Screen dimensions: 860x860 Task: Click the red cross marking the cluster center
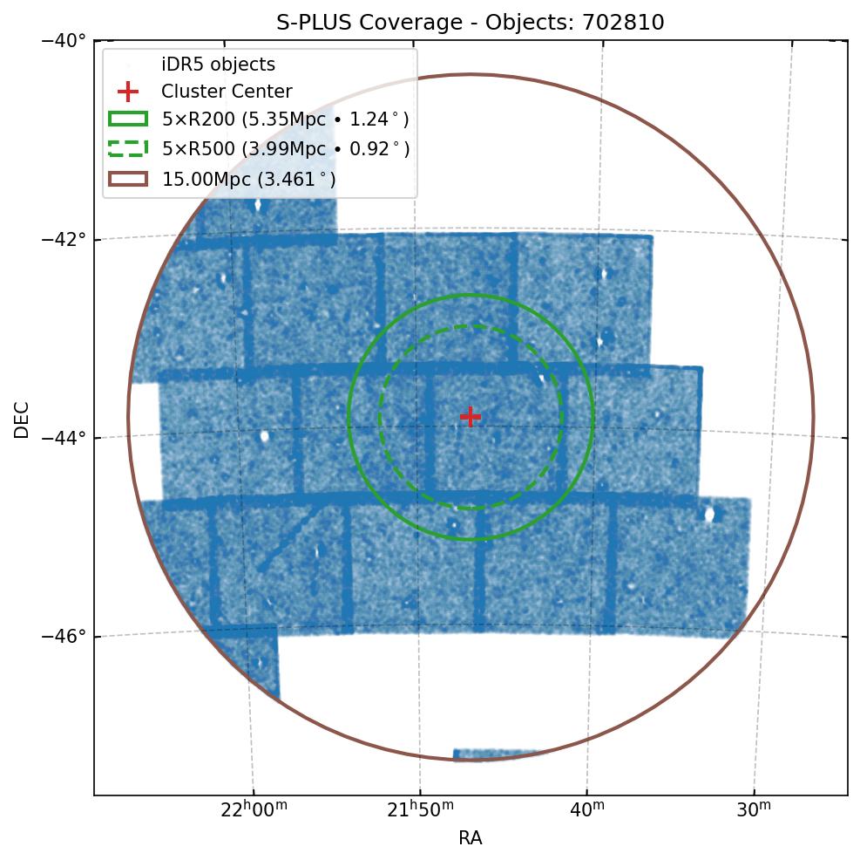click(x=471, y=416)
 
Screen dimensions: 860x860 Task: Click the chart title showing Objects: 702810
click(x=471, y=23)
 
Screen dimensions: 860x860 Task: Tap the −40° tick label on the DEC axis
click(x=64, y=40)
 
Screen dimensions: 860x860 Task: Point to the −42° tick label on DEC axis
click(x=64, y=239)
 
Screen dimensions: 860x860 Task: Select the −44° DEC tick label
click(x=64, y=437)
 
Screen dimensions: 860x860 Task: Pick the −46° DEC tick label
click(x=64, y=636)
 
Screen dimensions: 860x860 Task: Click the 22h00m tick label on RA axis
click(x=254, y=810)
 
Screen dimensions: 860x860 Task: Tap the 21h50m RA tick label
click(x=421, y=810)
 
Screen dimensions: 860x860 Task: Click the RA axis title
click(x=471, y=838)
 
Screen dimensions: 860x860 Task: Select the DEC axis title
click(x=22, y=419)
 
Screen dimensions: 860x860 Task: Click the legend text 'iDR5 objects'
click(x=218, y=65)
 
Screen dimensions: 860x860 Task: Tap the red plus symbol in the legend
click(x=128, y=92)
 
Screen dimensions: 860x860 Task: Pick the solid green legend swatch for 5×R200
click(x=128, y=119)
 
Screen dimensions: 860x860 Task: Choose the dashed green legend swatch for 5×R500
click(x=128, y=148)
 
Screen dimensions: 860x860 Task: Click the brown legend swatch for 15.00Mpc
click(x=128, y=178)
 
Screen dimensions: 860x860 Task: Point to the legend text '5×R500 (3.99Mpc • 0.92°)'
click(x=286, y=148)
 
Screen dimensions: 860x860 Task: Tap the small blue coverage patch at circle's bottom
click(x=494, y=754)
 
